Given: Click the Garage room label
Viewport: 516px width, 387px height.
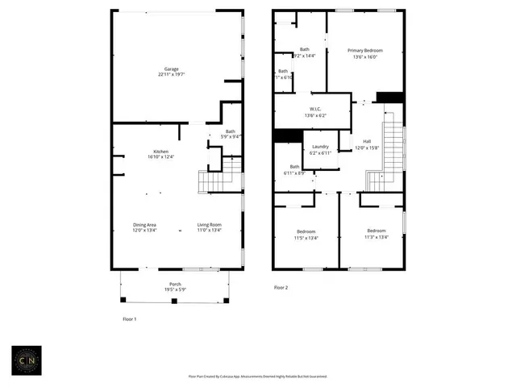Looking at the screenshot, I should pos(172,69).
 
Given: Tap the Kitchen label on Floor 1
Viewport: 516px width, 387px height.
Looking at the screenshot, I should pos(160,151).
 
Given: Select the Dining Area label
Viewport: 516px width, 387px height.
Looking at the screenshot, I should pos(145,225).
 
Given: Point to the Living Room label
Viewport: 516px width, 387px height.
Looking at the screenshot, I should pos(209,225).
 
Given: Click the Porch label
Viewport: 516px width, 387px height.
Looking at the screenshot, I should pos(175,285).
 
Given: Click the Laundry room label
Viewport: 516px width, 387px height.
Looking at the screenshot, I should pos(320,147).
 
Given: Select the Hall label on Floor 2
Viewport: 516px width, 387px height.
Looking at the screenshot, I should pos(367,142).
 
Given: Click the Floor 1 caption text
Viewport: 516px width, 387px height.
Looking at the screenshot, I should pos(129,319).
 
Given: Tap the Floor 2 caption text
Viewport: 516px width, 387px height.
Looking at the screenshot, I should pos(281,288).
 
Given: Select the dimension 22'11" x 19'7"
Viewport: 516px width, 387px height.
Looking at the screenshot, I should pos(172,74).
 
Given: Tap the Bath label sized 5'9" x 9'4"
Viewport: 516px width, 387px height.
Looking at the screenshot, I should pos(231,131).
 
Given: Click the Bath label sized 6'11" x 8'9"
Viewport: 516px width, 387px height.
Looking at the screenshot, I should pos(293,167).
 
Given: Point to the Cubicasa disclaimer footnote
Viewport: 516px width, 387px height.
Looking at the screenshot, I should pos(257,376).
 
